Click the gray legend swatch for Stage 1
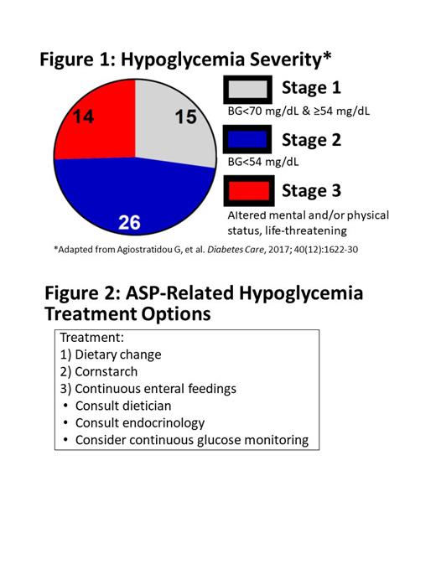coord(247,90)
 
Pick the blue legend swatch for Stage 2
coord(247,140)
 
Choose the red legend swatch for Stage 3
coord(247,192)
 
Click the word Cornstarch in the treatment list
coord(106,371)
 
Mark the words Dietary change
coord(117,354)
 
